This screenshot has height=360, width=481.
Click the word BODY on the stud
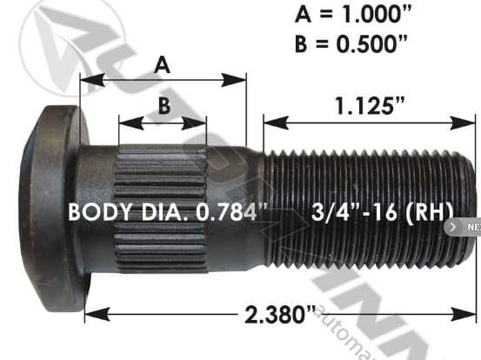pos(97,211)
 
